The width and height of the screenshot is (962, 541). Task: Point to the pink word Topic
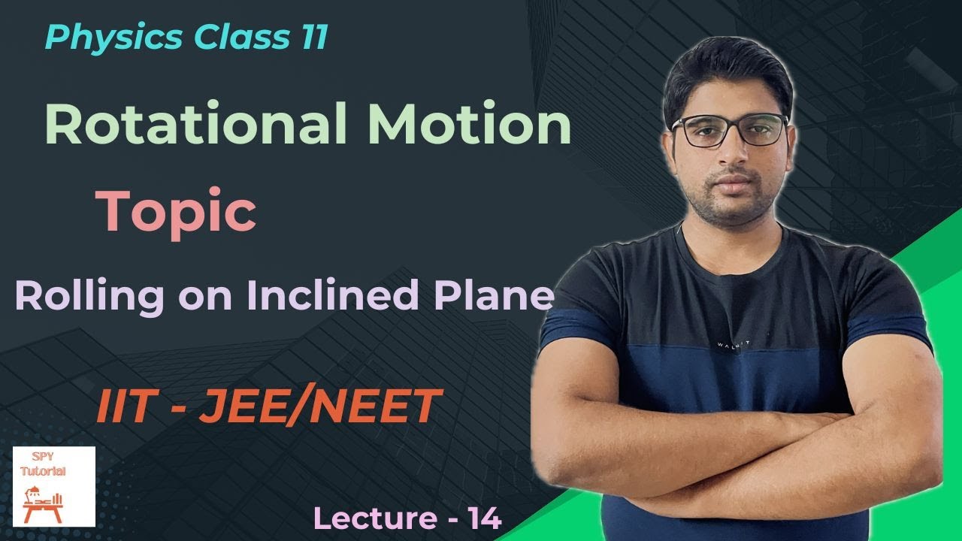(176, 212)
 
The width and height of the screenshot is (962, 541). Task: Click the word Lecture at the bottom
(367, 519)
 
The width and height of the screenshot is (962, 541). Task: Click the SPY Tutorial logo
(54, 486)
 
